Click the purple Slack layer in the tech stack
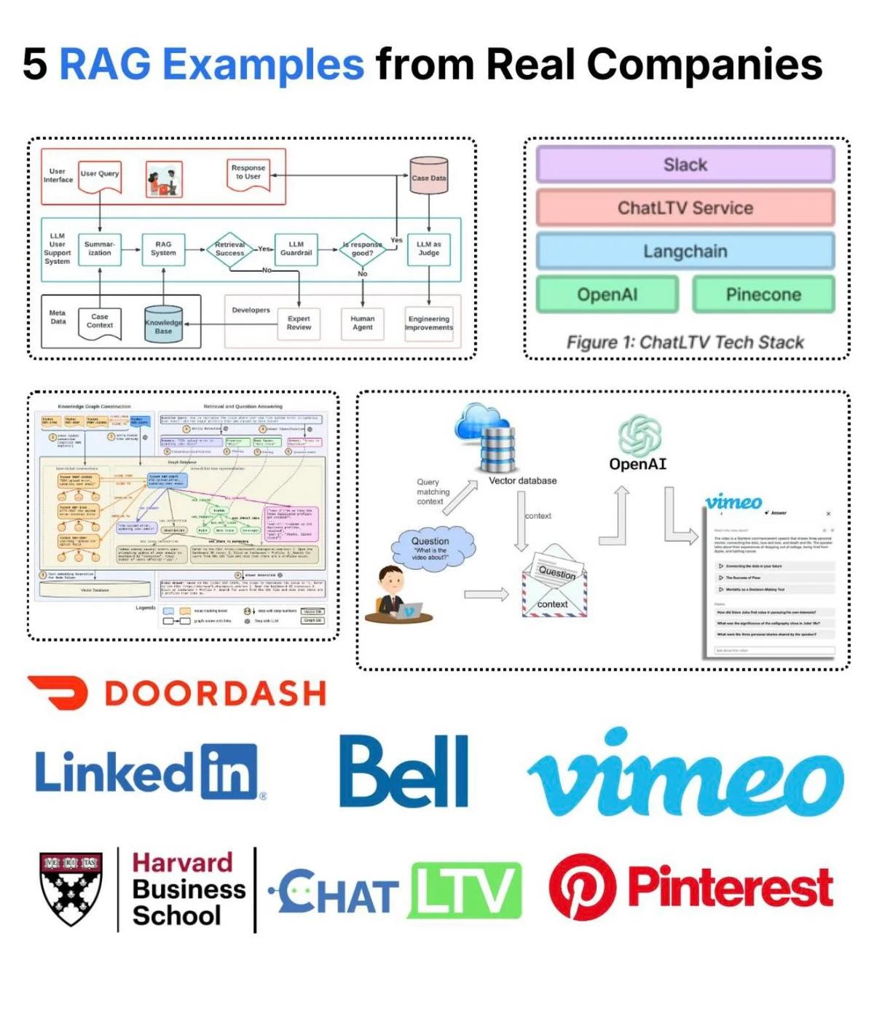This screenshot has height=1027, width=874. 685,165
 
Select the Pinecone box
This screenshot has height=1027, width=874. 763,294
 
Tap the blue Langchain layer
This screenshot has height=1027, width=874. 685,251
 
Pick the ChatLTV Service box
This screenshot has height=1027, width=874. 685,208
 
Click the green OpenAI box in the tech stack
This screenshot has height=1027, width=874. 607,294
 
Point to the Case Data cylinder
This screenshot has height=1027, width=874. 428,176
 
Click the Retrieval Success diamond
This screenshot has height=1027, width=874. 229,249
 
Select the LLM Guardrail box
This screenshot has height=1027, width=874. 296,249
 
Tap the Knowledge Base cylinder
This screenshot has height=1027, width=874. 163,325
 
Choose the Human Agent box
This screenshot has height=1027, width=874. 362,323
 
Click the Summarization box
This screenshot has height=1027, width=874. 100,249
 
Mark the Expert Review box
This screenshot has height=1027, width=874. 299,323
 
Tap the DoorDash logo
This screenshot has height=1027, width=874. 177,693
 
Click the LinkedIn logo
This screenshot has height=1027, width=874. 146,772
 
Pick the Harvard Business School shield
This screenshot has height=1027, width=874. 71,889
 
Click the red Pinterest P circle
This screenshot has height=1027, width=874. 582,887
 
